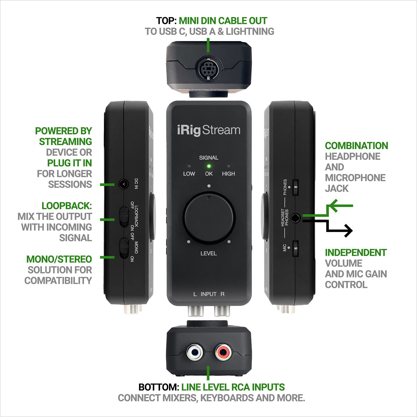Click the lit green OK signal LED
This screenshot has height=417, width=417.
[209, 166]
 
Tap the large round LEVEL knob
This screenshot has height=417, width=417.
[209, 217]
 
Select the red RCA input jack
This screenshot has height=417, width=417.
[222, 352]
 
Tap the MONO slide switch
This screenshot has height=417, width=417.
[124, 248]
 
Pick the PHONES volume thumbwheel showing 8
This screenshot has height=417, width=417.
[296, 187]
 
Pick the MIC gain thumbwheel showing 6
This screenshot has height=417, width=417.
[296, 248]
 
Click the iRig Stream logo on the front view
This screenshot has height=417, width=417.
[209, 130]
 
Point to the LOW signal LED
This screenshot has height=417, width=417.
[189, 166]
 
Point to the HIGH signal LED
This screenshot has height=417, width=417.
[229, 166]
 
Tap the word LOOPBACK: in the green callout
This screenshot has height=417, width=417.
[67, 206]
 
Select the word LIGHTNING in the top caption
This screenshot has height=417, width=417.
[250, 32]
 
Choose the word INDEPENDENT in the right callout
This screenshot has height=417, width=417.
[355, 252]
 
